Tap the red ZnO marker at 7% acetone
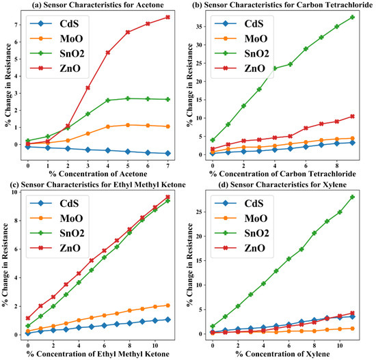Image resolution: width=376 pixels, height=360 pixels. tap(167, 17)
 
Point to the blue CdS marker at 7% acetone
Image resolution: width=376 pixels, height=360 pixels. tap(167, 153)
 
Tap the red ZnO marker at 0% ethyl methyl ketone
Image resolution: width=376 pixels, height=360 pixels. tap(28, 318)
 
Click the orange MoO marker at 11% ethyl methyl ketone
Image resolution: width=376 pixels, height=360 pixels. tap(167, 305)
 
